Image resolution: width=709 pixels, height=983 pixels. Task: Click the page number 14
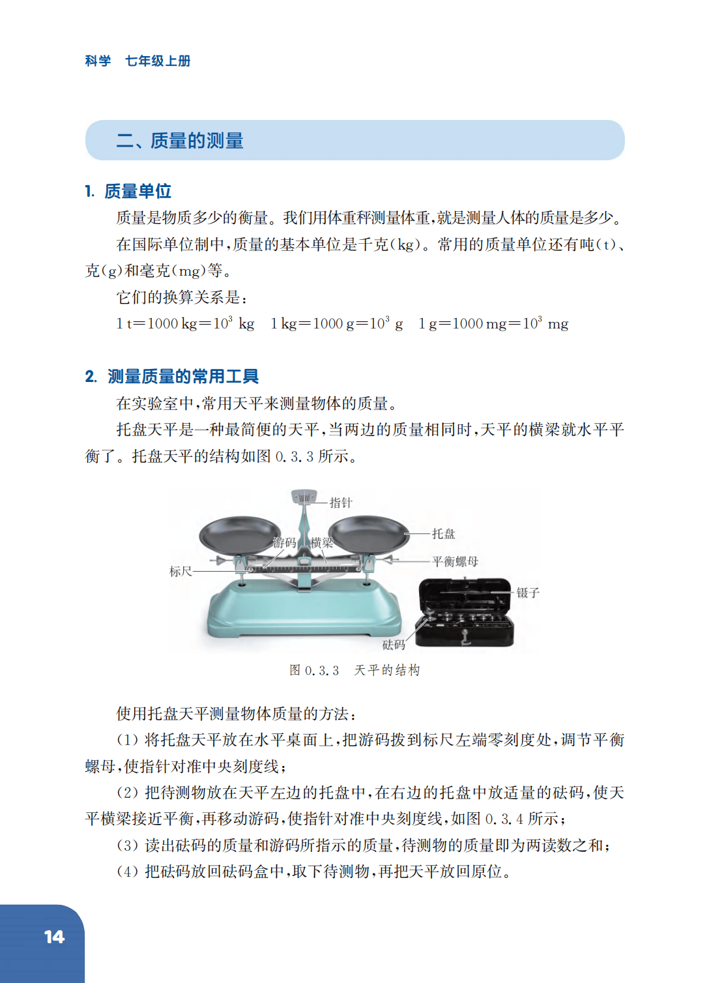54,937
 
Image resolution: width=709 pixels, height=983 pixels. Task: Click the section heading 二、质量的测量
180,140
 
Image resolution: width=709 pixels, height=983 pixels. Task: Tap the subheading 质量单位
137,192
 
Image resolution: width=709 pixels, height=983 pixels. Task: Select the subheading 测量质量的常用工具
183,377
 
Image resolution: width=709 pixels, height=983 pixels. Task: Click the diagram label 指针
341,503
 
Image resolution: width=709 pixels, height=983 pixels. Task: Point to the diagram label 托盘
444,534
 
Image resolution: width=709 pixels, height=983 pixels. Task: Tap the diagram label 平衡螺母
455,561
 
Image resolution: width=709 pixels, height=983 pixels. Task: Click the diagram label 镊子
528,593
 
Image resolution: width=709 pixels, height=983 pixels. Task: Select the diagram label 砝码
394,645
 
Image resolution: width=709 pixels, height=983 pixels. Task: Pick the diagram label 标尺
181,572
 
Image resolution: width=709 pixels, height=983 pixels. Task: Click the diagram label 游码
284,543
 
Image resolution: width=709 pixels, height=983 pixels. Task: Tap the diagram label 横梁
322,543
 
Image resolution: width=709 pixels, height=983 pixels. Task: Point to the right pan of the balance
369,534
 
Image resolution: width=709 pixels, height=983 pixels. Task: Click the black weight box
465,613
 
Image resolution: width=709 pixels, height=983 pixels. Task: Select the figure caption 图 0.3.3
314,670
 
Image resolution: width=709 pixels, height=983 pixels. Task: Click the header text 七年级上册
158,61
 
